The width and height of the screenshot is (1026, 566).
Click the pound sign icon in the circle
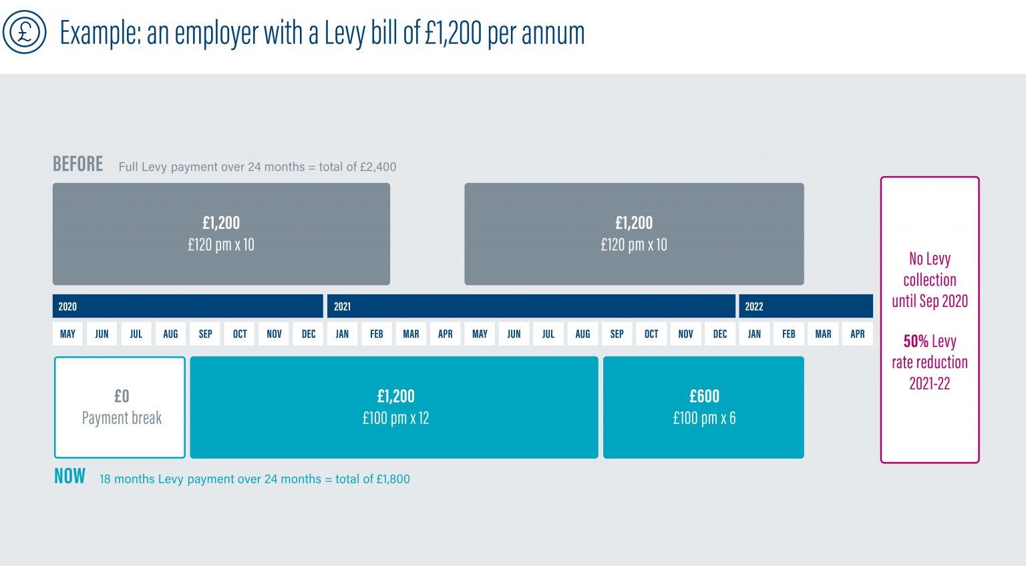[x=25, y=31]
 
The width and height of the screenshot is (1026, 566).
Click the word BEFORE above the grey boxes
[x=77, y=164]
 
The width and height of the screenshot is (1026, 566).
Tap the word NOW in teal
[x=69, y=477]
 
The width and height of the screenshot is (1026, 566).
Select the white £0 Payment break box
[x=120, y=407]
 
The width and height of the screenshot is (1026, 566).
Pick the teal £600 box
[x=703, y=407]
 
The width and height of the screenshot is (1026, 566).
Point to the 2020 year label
[x=67, y=306]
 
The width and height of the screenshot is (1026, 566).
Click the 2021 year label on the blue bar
[x=342, y=306]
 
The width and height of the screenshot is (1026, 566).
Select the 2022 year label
[x=753, y=306]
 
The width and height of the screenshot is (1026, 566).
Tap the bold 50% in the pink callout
[x=916, y=341]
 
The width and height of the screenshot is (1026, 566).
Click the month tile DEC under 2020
[x=309, y=334]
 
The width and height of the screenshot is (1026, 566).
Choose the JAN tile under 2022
[x=754, y=334]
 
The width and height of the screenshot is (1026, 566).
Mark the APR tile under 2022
[x=858, y=334]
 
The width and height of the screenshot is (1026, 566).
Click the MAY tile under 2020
[x=67, y=334]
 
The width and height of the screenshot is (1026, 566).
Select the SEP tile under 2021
[x=617, y=334]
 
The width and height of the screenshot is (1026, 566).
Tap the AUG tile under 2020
[x=170, y=334]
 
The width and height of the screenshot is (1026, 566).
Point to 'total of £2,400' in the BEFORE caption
[x=357, y=167]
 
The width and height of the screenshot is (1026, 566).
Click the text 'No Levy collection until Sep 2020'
[x=929, y=280]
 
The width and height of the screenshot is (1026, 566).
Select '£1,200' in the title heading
[x=453, y=33]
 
